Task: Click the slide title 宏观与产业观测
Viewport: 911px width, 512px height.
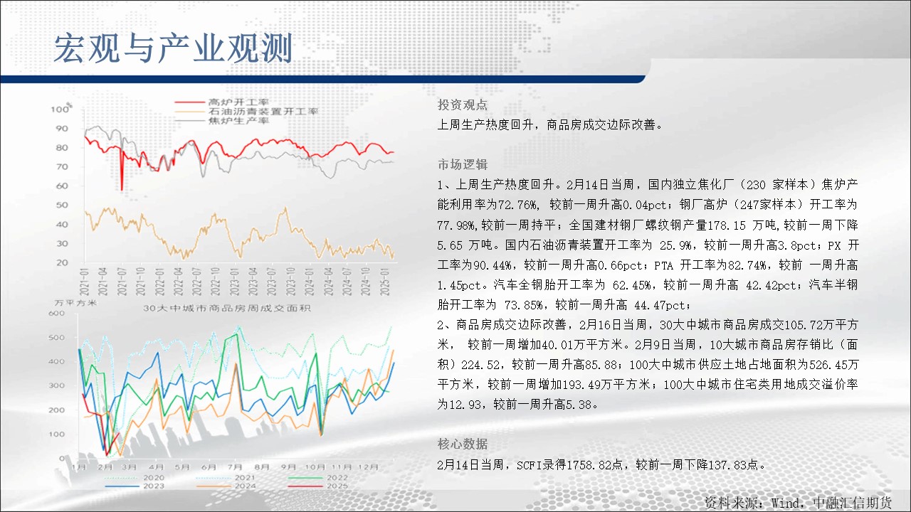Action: point(173,49)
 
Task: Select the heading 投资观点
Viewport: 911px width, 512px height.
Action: point(463,105)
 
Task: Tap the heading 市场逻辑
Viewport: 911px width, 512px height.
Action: point(463,164)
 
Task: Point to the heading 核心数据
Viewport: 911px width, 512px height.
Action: point(463,444)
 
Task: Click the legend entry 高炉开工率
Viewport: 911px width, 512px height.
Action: point(238,102)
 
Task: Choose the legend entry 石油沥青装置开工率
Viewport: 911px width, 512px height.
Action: point(263,112)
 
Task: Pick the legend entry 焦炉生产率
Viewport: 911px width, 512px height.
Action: point(238,121)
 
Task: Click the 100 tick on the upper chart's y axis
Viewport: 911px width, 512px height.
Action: point(60,110)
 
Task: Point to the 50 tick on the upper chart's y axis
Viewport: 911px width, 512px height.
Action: point(62,205)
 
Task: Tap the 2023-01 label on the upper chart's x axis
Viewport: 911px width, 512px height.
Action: point(234,281)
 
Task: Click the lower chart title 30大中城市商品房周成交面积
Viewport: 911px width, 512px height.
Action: point(226,309)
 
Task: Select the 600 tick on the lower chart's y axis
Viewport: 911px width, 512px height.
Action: point(56,314)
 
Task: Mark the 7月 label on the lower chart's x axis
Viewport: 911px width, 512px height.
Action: point(235,467)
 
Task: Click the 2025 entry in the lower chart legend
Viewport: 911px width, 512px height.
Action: point(337,486)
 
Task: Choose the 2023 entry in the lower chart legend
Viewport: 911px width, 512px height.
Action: point(154,486)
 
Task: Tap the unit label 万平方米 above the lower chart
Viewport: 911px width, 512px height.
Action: point(75,303)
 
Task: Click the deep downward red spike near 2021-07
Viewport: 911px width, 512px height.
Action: point(121,171)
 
